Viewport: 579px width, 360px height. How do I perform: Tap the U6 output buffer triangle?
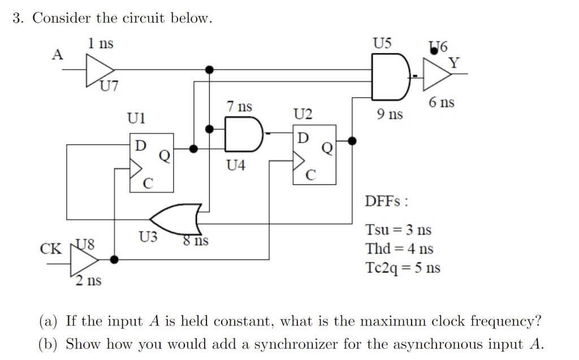coord(436,74)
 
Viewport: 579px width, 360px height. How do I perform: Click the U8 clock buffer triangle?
coord(83,259)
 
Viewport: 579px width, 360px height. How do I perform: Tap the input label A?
coord(57,55)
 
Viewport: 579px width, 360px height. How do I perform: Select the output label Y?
coord(454,62)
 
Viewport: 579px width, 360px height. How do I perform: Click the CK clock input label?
coord(51,249)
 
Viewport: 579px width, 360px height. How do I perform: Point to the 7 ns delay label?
coord(239,106)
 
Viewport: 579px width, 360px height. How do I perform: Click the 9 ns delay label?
coord(390,115)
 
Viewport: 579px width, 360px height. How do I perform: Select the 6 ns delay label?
coord(441,102)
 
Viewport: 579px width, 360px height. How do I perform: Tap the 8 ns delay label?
coord(195,241)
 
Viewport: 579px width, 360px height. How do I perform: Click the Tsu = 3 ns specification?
coord(398,230)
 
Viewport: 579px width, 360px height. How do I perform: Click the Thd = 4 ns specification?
coord(399,249)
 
